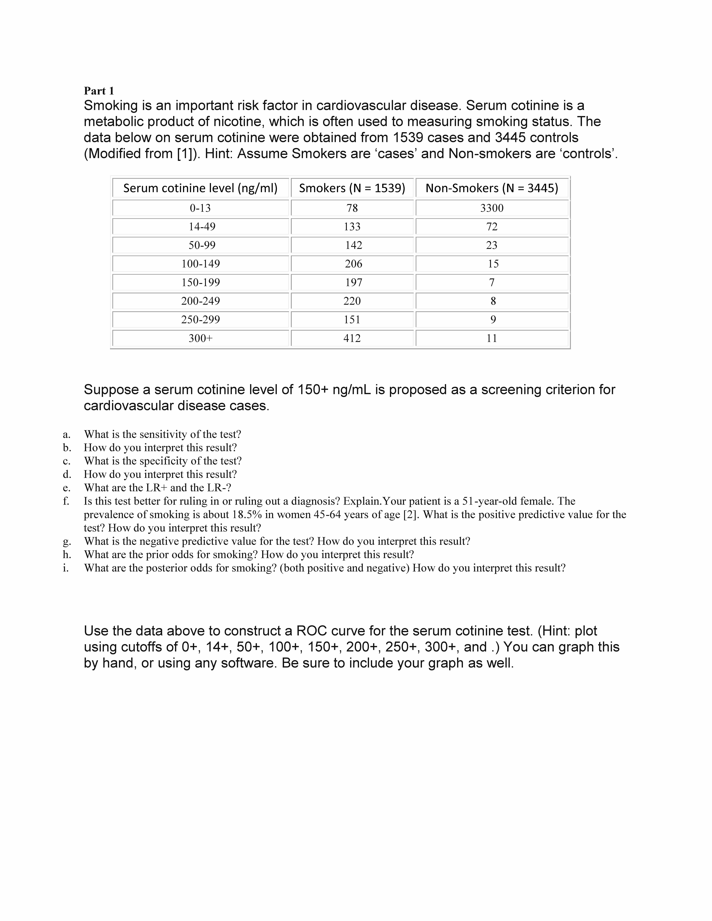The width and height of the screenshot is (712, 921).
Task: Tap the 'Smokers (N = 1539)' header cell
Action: (x=352, y=188)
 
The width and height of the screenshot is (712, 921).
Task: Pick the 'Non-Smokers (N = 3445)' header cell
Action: (x=492, y=188)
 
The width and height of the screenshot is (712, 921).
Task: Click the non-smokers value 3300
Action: (x=492, y=208)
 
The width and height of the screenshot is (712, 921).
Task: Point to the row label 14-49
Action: (x=202, y=226)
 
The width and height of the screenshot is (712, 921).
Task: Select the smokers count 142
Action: (x=353, y=245)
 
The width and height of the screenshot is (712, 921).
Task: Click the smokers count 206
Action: (x=353, y=264)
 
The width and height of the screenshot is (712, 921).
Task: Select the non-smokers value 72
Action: (x=492, y=226)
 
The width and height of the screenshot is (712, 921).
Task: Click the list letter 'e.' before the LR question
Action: (x=67, y=488)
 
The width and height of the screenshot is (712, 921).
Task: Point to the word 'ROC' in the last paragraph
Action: (x=311, y=631)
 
